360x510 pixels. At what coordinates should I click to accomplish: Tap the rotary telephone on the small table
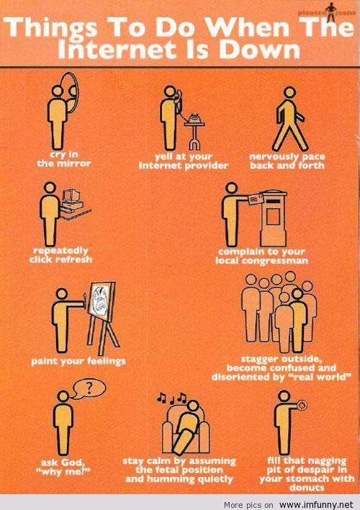point(195,118)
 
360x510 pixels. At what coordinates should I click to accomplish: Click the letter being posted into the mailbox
point(256,198)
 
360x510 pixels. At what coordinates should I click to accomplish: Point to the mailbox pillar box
point(274,218)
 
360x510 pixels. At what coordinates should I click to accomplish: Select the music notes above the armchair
point(171,398)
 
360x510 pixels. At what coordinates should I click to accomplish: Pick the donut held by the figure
point(302,406)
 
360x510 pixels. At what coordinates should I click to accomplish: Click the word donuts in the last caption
point(306,488)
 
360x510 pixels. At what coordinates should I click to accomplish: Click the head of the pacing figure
point(289,92)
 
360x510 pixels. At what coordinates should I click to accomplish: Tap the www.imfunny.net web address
point(316,504)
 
